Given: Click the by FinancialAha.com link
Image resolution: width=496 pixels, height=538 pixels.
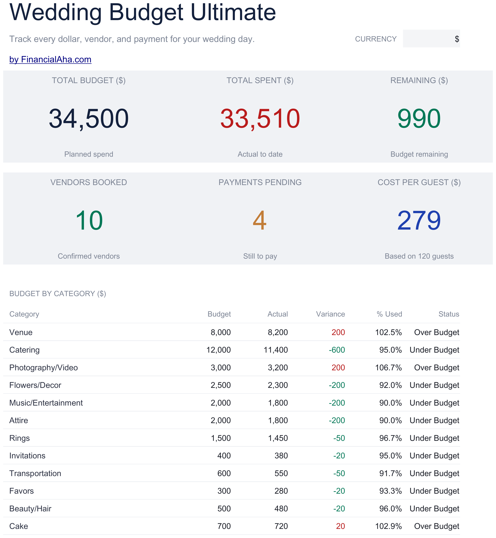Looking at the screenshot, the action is point(50,59).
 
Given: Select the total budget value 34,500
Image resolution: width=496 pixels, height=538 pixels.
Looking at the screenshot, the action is point(89,118).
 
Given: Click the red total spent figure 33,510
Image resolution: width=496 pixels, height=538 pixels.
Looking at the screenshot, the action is point(260,118).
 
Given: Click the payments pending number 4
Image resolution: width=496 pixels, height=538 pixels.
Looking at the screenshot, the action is point(260,220).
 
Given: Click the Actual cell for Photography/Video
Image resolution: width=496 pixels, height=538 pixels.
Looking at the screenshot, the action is point(278,368).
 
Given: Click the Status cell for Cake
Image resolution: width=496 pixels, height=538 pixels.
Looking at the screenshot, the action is point(437,526).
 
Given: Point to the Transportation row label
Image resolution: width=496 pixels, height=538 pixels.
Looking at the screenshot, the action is point(35,473).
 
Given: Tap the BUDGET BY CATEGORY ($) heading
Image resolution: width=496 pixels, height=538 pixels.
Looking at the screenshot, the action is point(58,294).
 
